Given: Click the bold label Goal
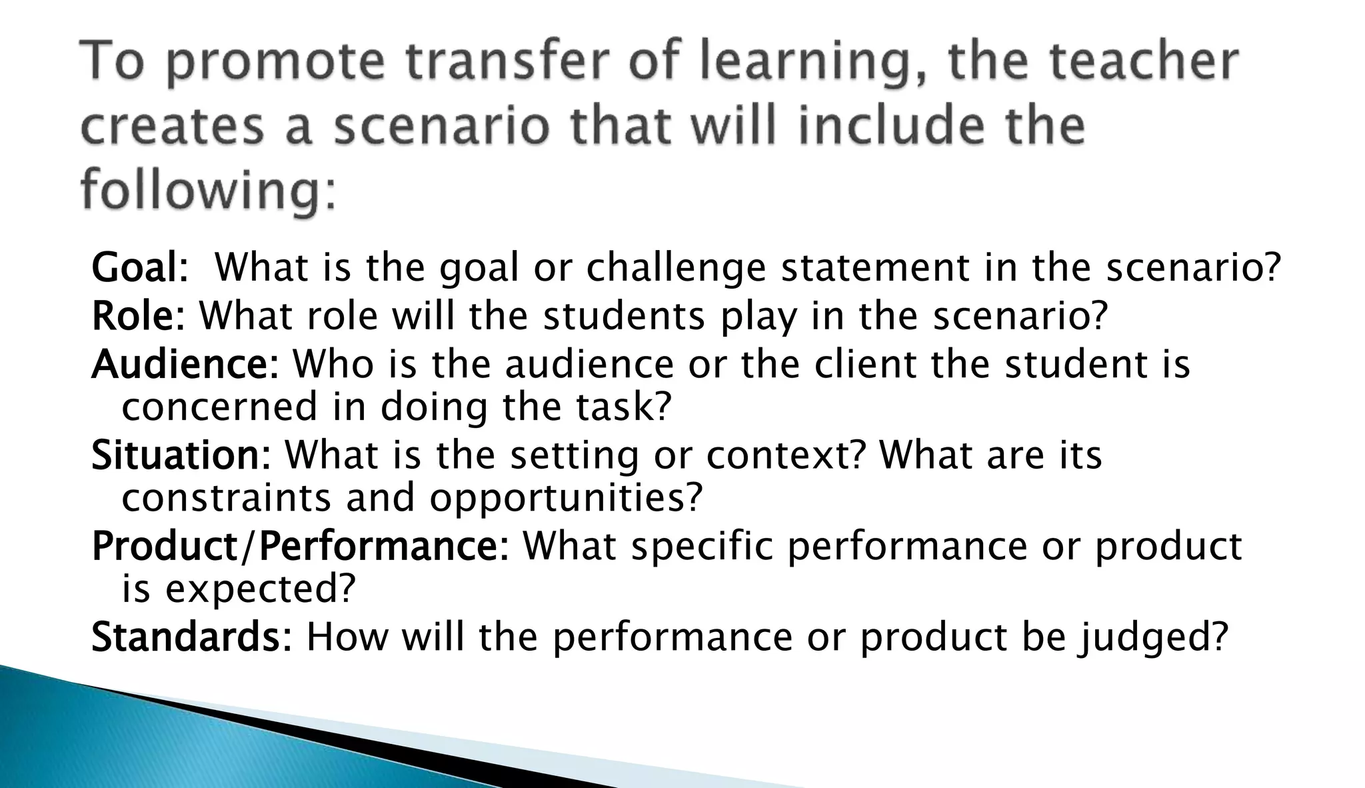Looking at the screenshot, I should (x=135, y=268).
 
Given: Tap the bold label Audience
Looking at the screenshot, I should (x=181, y=365).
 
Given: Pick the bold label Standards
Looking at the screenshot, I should (x=187, y=637).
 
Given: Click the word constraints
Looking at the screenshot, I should (x=226, y=498).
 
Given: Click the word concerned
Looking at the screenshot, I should (x=219, y=407).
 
